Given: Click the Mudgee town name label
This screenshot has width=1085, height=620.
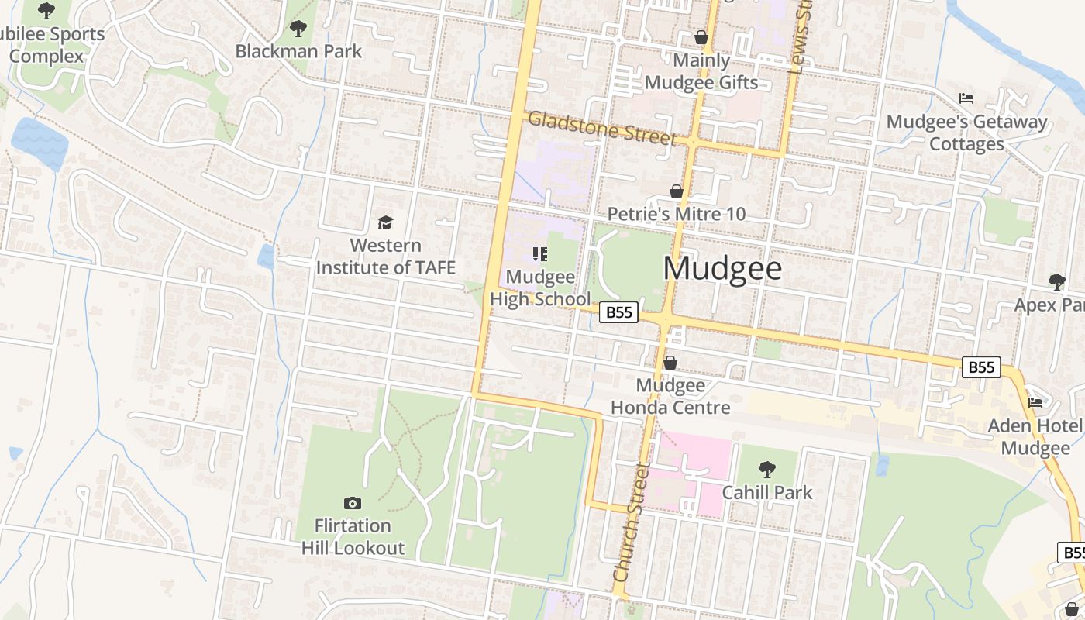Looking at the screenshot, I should [722, 268].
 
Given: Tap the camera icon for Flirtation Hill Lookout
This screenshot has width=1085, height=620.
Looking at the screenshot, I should [353, 504].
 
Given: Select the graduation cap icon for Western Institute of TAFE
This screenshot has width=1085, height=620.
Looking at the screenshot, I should [385, 224].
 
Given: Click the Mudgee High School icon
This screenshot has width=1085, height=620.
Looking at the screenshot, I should [540, 253].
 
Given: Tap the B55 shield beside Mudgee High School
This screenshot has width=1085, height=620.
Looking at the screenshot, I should [619, 312].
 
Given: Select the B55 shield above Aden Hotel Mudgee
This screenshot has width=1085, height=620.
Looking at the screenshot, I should [981, 367].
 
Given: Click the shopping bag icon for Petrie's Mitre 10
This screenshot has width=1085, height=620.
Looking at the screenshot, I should [677, 191].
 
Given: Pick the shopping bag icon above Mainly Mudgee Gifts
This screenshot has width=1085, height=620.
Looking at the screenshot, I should [701, 37].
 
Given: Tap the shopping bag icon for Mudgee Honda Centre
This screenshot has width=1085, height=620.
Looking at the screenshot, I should [670, 363].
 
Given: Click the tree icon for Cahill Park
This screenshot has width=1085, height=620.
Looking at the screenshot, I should [767, 469].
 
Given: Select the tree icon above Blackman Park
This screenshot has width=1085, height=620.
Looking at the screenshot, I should [298, 29].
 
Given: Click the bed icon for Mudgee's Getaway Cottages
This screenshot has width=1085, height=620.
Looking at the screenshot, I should [966, 98].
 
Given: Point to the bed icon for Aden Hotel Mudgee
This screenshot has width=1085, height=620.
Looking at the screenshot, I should [1035, 402].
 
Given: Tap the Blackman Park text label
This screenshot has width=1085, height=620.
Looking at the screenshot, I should [298, 52].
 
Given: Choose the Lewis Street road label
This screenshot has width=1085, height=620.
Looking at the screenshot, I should [799, 39].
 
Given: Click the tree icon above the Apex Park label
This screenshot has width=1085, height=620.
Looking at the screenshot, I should [1056, 281].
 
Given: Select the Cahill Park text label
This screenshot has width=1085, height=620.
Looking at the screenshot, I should [767, 492].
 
